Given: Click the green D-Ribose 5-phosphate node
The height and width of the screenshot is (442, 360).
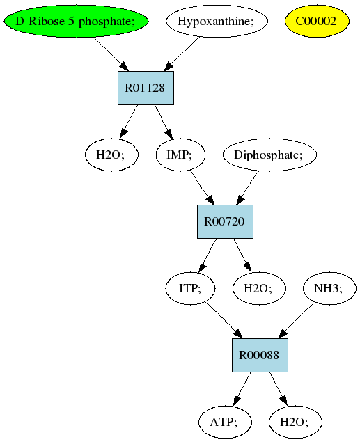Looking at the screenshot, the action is point(76,21).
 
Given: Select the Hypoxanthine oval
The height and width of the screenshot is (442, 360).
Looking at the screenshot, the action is point(217,21).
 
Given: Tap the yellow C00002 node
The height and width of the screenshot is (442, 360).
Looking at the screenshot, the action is point(317,21).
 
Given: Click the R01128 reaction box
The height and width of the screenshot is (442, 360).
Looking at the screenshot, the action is point(146,88).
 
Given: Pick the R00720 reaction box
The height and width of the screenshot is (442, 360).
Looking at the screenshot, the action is point(225,221).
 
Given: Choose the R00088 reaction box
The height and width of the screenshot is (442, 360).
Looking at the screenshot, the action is point(260,355).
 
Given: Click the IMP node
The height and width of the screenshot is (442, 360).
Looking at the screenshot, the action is point(181,155).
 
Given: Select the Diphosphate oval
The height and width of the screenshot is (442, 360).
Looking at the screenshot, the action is point(269,155).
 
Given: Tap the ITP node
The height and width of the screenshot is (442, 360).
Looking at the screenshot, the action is point(190,288).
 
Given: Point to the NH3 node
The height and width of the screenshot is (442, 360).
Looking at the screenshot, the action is point(329,288).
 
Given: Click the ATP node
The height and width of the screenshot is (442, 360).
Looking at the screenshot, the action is point(225,422).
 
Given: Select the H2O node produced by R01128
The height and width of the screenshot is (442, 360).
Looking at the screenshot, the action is point(111,155).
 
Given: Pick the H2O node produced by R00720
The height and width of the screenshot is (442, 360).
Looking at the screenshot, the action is point(259,288).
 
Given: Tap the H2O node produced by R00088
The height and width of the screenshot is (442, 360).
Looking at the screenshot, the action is point(295,422).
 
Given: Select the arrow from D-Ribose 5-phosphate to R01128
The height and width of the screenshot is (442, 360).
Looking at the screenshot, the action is point(111,54).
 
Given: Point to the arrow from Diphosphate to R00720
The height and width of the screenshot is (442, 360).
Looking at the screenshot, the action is point(247,188).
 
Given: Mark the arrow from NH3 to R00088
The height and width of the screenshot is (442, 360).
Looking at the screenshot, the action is point(296,321).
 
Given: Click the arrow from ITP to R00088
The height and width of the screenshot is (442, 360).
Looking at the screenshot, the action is point(224,320).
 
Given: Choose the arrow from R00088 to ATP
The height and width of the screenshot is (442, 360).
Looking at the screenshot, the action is point(242,389).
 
